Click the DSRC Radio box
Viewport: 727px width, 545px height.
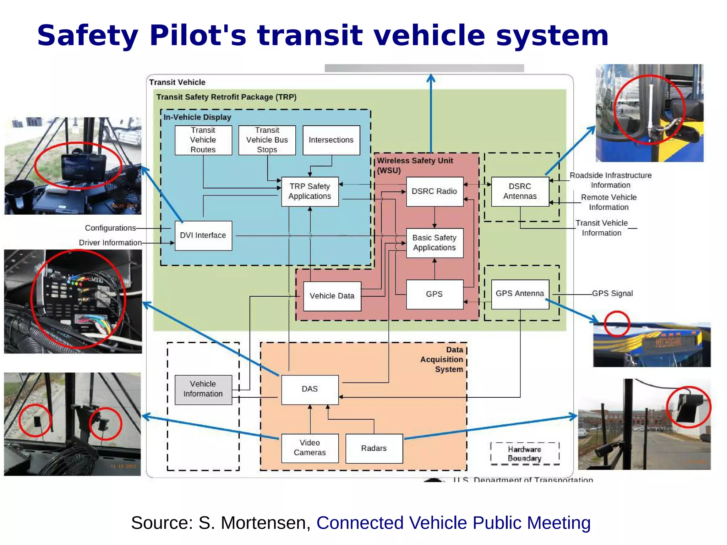434,192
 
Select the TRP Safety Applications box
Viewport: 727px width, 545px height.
310,192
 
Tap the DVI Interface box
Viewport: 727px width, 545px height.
203,236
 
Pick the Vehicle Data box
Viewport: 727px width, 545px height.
332,296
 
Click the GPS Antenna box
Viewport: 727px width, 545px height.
520,294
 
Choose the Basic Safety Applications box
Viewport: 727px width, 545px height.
434,243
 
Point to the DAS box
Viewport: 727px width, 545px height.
310,389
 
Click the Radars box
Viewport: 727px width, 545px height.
374,448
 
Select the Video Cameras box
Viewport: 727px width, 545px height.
310,448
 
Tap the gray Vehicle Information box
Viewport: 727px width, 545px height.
203,389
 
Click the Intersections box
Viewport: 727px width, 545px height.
331,140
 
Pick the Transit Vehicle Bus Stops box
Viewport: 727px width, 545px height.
267,140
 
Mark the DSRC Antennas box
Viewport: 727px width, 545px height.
520,192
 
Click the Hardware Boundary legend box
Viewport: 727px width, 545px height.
525,454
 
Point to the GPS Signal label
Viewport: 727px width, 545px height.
612,293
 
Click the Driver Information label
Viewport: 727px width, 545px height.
110,243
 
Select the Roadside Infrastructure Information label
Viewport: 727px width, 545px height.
611,180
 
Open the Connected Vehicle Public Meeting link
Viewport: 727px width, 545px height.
453,523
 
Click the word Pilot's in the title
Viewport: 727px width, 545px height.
198,35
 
